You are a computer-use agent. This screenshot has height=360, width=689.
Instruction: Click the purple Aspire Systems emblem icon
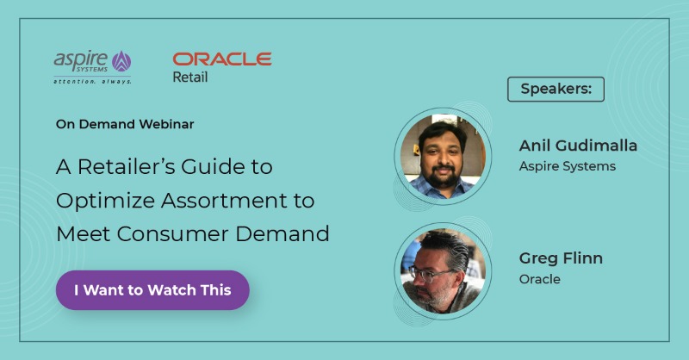click(x=121, y=61)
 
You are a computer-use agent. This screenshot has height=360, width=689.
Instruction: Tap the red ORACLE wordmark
click(x=222, y=59)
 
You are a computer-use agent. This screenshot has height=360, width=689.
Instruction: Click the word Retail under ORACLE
click(x=189, y=77)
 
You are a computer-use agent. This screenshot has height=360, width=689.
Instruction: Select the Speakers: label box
click(x=556, y=90)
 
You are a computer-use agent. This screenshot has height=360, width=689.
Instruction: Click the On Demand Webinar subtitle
click(x=125, y=124)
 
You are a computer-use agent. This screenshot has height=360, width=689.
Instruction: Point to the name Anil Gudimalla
click(x=578, y=146)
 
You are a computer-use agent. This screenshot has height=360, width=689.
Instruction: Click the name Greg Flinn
click(x=561, y=258)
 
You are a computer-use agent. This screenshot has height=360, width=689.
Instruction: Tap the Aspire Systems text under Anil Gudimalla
click(x=568, y=166)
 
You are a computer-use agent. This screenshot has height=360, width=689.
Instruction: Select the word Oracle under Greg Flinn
click(x=540, y=279)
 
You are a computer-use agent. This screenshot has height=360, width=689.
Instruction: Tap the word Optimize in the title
click(x=105, y=202)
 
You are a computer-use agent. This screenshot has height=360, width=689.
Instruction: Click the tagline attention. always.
click(x=92, y=81)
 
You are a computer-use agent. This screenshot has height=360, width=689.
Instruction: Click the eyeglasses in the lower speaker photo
click(x=431, y=274)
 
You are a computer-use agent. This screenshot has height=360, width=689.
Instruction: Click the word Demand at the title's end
click(x=282, y=233)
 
